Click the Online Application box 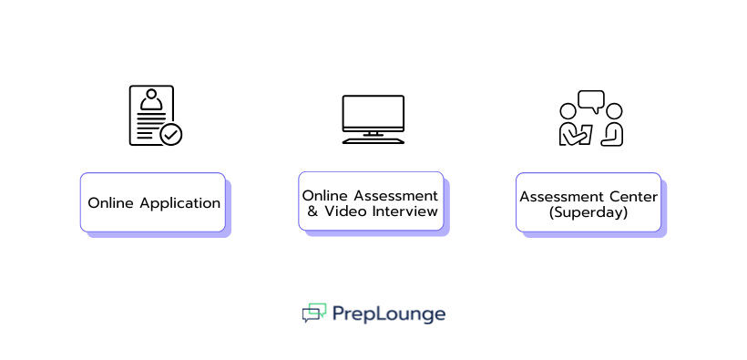pyautogui.click(x=152, y=202)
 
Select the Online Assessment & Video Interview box pyautogui.click(x=371, y=202)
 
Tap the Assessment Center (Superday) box pyautogui.click(x=588, y=202)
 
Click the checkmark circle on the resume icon pyautogui.click(x=171, y=135)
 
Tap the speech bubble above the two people pyautogui.click(x=591, y=100)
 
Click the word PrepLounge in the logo pyautogui.click(x=389, y=314)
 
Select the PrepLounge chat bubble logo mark pyautogui.click(x=314, y=314)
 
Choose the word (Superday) pyautogui.click(x=588, y=212)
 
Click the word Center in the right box pyautogui.click(x=634, y=196)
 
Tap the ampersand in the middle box pyautogui.click(x=312, y=211)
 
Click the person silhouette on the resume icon pyautogui.click(x=150, y=99)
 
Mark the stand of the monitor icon pyautogui.click(x=373, y=138)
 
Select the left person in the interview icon pyautogui.click(x=571, y=126)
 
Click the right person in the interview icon pyautogui.click(x=613, y=126)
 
